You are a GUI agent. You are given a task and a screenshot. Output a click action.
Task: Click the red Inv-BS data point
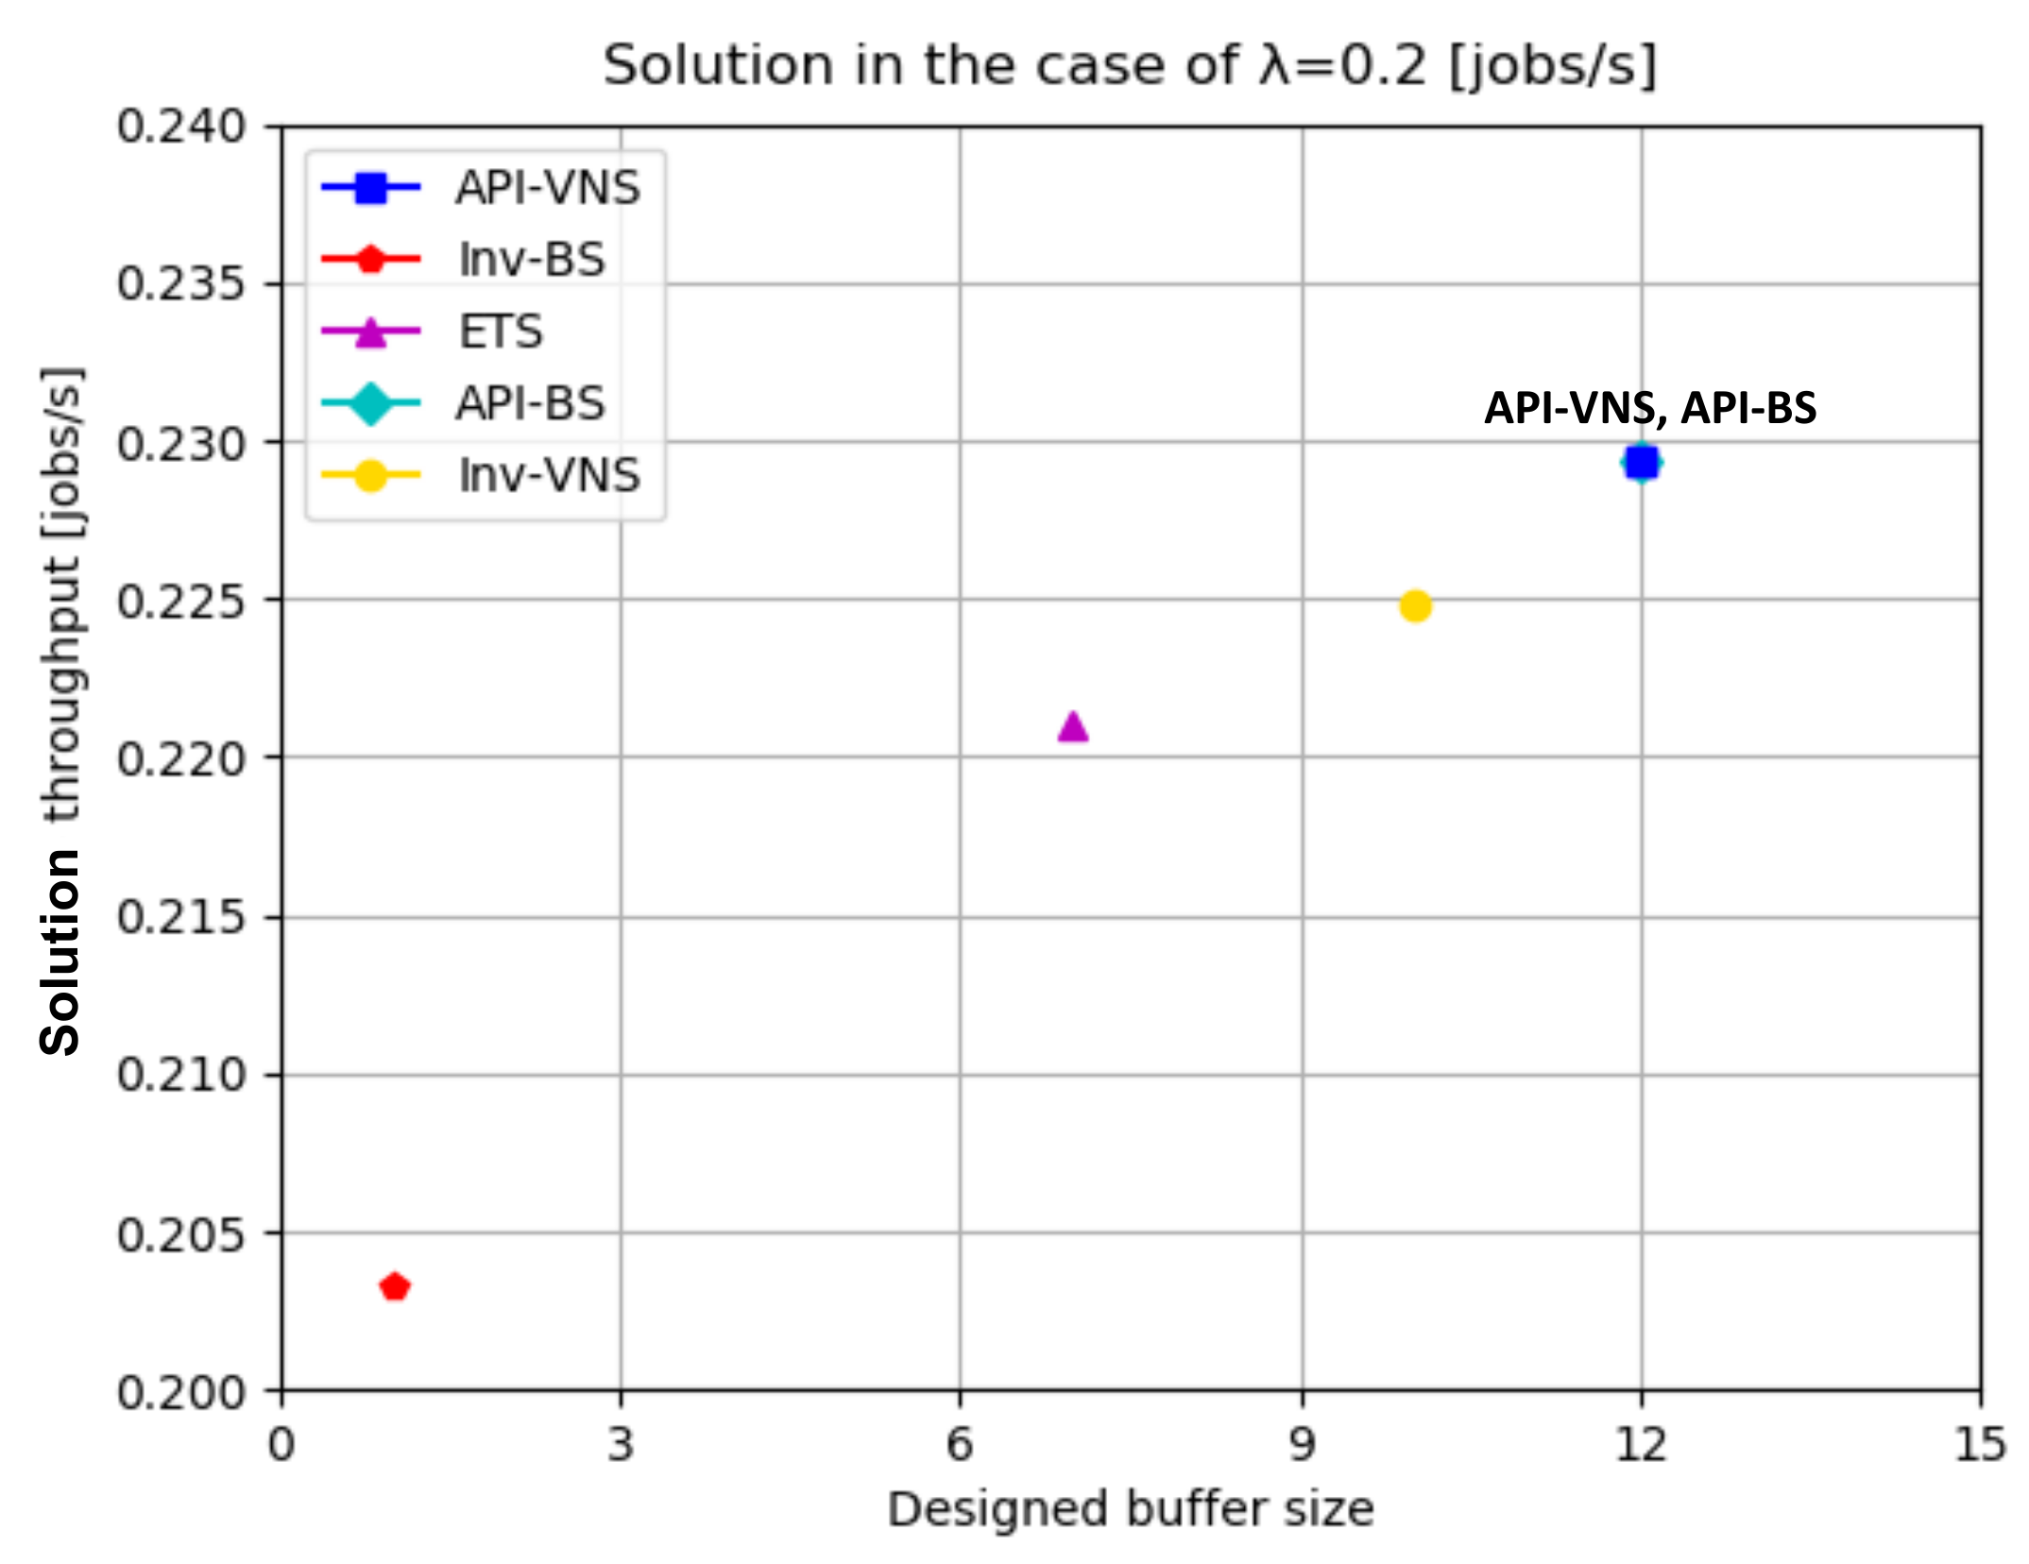click(x=394, y=1286)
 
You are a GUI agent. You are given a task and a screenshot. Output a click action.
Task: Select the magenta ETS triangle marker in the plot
click(x=1073, y=727)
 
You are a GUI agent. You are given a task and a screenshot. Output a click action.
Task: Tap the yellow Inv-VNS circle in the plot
click(x=1415, y=605)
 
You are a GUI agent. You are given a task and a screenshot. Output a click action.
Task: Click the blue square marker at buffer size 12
click(x=1642, y=462)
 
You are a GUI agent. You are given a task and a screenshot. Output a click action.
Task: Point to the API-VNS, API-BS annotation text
click(x=1650, y=408)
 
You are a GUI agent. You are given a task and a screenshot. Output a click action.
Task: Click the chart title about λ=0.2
click(x=1130, y=66)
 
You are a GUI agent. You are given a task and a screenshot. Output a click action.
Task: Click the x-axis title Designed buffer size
click(x=1130, y=1509)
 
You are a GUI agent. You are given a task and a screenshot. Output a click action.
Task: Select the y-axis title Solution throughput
click(x=62, y=710)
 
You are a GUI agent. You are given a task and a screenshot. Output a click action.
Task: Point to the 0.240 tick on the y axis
click(x=180, y=127)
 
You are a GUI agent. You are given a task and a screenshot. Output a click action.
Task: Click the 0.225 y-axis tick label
click(x=180, y=601)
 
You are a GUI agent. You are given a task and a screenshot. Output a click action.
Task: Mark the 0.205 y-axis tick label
click(x=180, y=1233)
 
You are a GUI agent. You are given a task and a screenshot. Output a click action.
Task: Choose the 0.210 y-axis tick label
click(x=180, y=1075)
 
